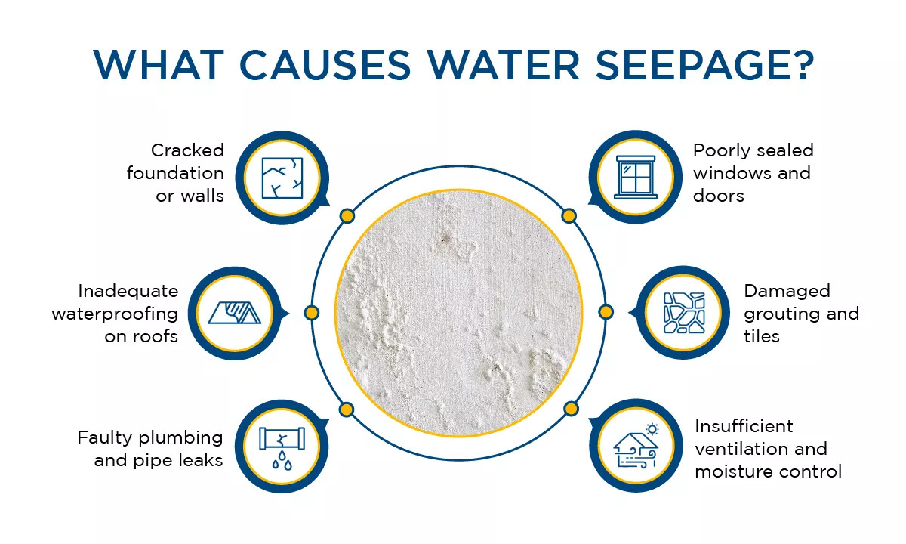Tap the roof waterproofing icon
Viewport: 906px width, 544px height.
(235, 312)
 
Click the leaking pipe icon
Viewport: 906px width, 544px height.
(281, 446)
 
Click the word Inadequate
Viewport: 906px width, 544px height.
(128, 291)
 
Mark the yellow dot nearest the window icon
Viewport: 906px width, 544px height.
(569, 216)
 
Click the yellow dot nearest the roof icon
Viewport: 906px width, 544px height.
(311, 312)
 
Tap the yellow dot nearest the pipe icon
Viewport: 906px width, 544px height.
(347, 410)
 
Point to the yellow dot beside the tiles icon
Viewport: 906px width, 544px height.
(606, 312)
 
